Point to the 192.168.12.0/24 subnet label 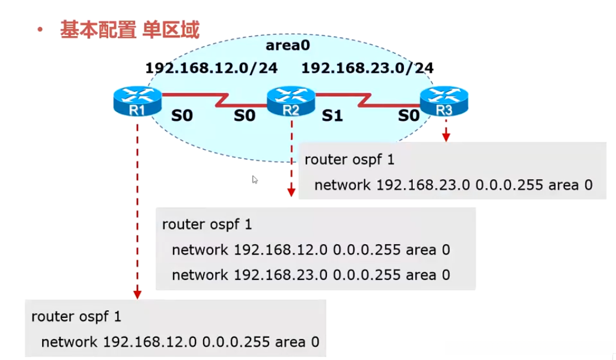coord(211,67)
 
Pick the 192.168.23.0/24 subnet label coord(367,67)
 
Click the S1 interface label coord(332,115)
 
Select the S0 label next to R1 coord(182,115)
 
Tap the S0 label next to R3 coord(409,115)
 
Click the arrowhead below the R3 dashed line coord(446,138)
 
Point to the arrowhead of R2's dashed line coord(291,192)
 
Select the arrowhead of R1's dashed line coord(138,294)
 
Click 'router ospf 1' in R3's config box coord(349,160)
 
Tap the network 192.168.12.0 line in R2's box coord(311,250)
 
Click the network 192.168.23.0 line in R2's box coord(311,275)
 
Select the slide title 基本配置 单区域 coord(129,29)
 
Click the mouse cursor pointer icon coord(255,179)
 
